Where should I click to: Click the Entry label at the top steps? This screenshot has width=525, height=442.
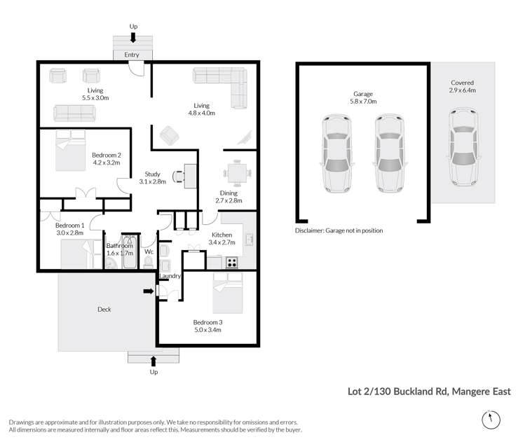131,55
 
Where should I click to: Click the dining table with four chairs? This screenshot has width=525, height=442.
236,172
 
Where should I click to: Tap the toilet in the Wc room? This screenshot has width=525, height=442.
149,261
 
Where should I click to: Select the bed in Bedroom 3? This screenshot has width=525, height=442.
227,293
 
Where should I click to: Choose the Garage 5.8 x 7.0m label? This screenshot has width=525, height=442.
363,97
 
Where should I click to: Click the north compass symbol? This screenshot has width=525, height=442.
491,419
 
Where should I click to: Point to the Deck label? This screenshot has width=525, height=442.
104,309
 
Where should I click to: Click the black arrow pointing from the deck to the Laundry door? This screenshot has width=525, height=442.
149,291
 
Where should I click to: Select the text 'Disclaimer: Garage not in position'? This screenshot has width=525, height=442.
339,230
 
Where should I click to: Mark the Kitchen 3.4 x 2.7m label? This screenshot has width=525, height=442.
223,239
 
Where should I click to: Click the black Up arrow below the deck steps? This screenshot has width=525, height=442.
154,360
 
